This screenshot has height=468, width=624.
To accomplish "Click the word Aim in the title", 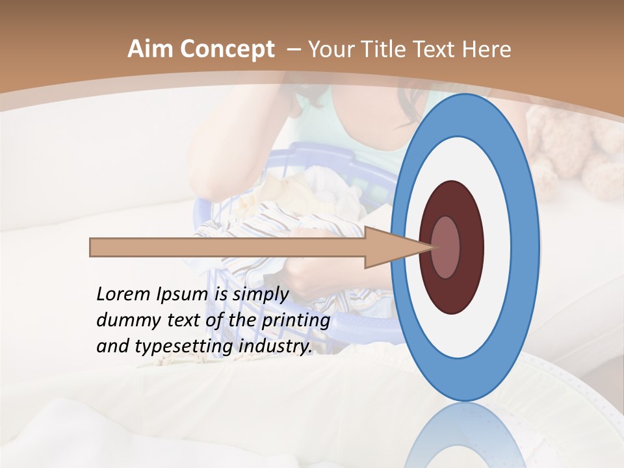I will pyautogui.click(x=150, y=49).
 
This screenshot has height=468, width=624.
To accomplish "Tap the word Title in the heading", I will pyautogui.click(x=389, y=49).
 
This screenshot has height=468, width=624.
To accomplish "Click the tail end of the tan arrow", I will pyautogui.click(x=92, y=247).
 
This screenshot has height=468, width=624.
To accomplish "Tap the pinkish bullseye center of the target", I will pyautogui.click(x=446, y=247).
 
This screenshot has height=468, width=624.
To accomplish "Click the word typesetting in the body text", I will pyautogui.click(x=185, y=347).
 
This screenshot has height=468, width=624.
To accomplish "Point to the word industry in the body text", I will pyautogui.click(x=276, y=347).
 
